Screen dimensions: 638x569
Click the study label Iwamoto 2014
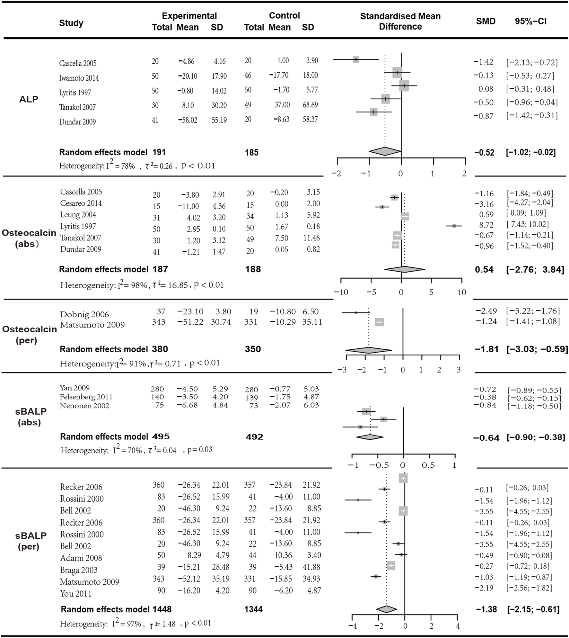79,78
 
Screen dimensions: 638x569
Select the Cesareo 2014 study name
81,203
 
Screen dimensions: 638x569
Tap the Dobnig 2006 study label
84,314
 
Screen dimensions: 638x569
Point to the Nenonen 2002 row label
84,406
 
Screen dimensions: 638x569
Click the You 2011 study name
76,593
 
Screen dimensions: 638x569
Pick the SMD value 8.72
486,225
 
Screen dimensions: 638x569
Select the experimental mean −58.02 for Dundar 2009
188,120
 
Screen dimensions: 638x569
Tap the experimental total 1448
162,609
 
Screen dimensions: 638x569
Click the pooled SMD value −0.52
485,152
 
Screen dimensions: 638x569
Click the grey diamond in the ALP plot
385,151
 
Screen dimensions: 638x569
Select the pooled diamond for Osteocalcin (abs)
405,269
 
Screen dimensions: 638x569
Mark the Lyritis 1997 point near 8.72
454,226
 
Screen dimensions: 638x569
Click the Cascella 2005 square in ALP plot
356,59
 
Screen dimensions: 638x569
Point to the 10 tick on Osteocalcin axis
461,292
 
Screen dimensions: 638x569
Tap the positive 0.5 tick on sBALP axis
428,465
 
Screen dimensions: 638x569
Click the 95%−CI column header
530,21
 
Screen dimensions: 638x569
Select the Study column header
71,23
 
